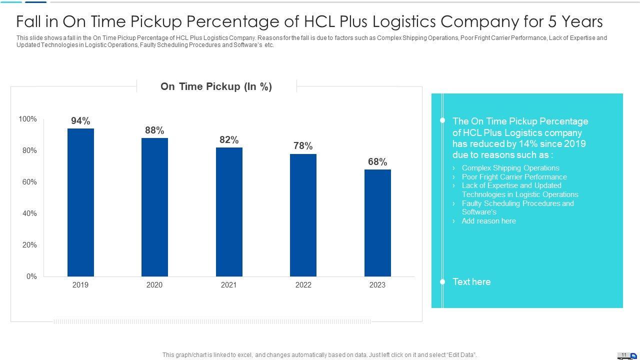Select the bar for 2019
tap(80, 202)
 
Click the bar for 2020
tap(154, 207)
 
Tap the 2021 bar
tap(229, 212)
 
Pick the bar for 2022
tap(303, 215)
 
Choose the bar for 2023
tap(377, 223)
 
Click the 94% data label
tap(80, 121)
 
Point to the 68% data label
tap(377, 162)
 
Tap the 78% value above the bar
tap(303, 146)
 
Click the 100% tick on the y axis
tap(27, 119)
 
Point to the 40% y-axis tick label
tap(29, 213)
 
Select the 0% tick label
tap(31, 276)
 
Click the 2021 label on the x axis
tap(229, 285)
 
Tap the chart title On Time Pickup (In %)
tap(216, 86)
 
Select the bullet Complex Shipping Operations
tap(510, 168)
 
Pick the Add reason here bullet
tap(488, 221)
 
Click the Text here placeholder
tap(471, 282)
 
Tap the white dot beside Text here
tap(442, 282)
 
